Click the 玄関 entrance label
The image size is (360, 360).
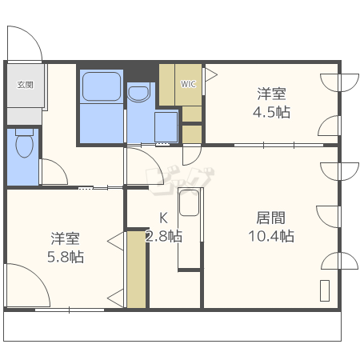pyautogui.click(x=25, y=85)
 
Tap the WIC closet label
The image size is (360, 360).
pyautogui.click(x=188, y=84)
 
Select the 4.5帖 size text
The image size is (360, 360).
pyautogui.click(x=271, y=112)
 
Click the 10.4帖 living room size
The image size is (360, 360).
pyautogui.click(x=271, y=236)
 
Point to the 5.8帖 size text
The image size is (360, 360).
pyautogui.click(x=66, y=257)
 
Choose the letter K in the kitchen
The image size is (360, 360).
pyautogui.click(x=163, y=218)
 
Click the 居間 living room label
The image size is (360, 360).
pyautogui.click(x=271, y=218)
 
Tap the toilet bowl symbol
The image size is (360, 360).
pyautogui.click(x=25, y=146)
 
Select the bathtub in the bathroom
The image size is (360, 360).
pyautogui.click(x=102, y=86)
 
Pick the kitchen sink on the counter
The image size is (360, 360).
pyautogui.click(x=189, y=202)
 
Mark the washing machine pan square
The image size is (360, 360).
pyautogui.click(x=166, y=127)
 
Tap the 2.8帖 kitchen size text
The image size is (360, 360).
pyautogui.click(x=164, y=236)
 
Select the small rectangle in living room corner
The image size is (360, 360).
pyautogui.click(x=325, y=290)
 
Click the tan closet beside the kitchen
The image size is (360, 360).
pyautogui.click(x=136, y=270)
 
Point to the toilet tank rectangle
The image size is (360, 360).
pyautogui.click(x=24, y=132)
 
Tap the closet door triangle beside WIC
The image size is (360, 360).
pyautogui.click(x=210, y=74)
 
